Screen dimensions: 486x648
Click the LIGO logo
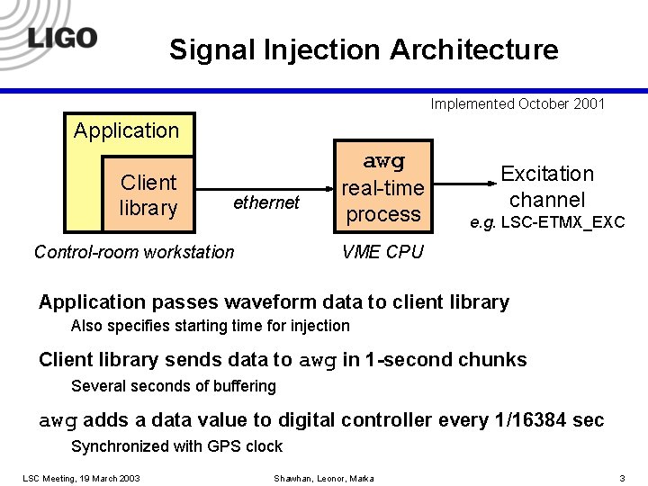[62, 37]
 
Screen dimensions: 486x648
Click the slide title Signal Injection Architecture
[364, 49]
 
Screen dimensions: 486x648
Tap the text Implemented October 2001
[517, 103]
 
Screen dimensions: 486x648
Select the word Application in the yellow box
[126, 131]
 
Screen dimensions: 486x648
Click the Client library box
[148, 195]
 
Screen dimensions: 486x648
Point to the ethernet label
[265, 202]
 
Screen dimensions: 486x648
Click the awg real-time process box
[383, 188]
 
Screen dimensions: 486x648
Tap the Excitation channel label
[547, 186]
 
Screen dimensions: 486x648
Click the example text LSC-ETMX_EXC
[559, 222]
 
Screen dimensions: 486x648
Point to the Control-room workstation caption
[134, 252]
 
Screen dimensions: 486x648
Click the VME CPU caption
[382, 252]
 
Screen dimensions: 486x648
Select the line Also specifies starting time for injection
[210, 326]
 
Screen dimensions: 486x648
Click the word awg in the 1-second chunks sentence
[317, 361]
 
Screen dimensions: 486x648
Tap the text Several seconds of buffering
[173, 386]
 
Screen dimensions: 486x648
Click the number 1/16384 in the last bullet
[529, 420]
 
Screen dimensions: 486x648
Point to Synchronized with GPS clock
[176, 446]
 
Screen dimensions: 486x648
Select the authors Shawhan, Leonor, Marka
[323, 477]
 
